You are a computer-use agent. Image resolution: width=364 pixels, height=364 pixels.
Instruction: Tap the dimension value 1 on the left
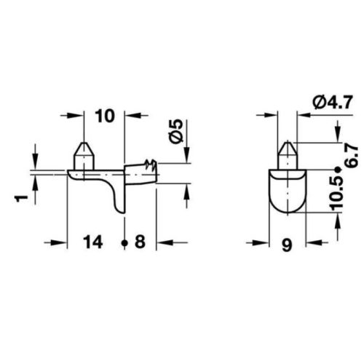click(23, 197)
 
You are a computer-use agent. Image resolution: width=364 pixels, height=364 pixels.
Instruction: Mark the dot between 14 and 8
click(125, 243)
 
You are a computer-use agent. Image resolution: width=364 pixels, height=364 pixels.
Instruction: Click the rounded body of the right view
click(288, 191)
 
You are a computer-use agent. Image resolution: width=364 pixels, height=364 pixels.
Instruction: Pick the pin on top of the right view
click(288, 152)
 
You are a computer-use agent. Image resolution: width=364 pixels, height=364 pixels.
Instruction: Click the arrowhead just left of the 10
click(76, 115)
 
